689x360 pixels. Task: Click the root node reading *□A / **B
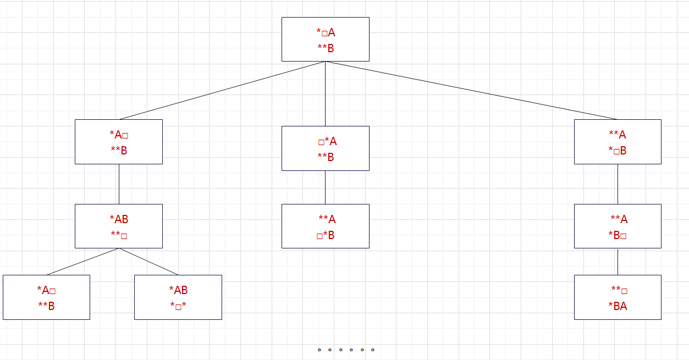(x=325, y=39)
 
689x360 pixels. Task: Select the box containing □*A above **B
(x=325, y=148)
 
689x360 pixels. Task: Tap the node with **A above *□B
(x=618, y=142)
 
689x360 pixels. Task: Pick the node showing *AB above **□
(x=119, y=226)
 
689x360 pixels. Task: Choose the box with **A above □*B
(x=325, y=226)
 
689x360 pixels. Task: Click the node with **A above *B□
(x=618, y=226)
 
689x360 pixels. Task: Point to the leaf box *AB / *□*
(x=178, y=297)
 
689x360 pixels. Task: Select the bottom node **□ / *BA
(x=618, y=297)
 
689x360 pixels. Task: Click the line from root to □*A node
(x=325, y=93)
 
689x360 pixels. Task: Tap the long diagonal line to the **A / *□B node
(x=471, y=90)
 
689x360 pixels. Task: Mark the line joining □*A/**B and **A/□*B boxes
(x=325, y=187)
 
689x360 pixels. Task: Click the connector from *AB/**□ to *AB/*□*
(x=148, y=261)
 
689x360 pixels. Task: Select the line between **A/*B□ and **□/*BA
(x=618, y=262)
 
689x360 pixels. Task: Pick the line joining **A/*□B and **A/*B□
(x=618, y=184)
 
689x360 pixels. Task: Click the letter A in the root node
(x=332, y=32)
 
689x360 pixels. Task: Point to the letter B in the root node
(x=330, y=48)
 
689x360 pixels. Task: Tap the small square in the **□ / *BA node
(x=625, y=291)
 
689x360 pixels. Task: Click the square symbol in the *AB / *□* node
(x=178, y=307)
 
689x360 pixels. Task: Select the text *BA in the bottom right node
(x=618, y=306)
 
